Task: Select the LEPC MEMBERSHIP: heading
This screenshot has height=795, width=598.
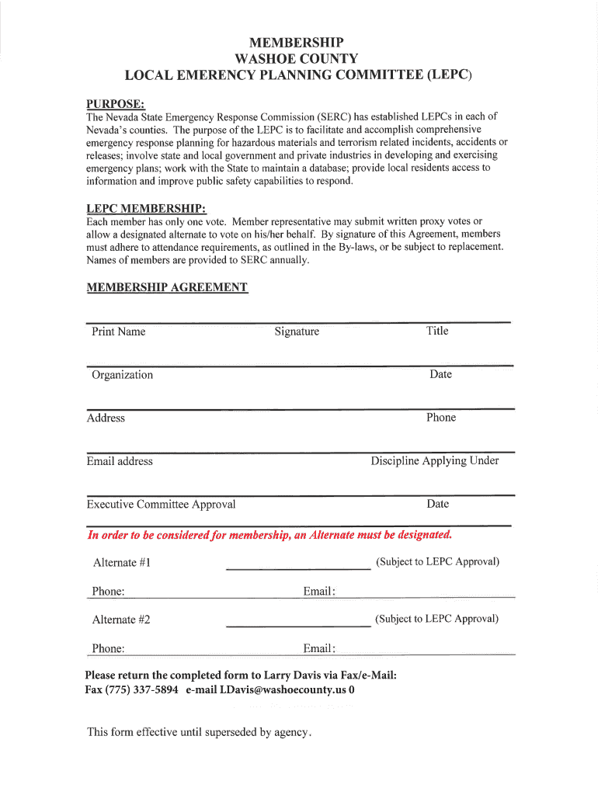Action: click(x=146, y=209)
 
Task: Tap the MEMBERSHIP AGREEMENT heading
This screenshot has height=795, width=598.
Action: click(x=167, y=287)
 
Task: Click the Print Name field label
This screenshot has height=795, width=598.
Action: click(x=118, y=332)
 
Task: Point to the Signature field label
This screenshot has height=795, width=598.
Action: click(x=297, y=332)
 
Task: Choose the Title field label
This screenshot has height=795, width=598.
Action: click(x=437, y=331)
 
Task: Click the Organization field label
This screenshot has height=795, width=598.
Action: click(x=122, y=375)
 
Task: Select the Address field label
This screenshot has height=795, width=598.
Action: click(x=106, y=418)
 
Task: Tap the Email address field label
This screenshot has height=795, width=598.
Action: click(x=120, y=461)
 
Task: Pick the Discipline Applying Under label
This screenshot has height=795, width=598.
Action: click(x=435, y=460)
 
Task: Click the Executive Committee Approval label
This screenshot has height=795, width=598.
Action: click(x=161, y=505)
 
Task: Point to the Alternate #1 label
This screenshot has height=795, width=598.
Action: click(x=121, y=563)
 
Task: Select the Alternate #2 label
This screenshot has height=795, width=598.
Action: click(x=121, y=620)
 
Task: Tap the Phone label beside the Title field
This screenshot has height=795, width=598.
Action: click(x=441, y=418)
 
